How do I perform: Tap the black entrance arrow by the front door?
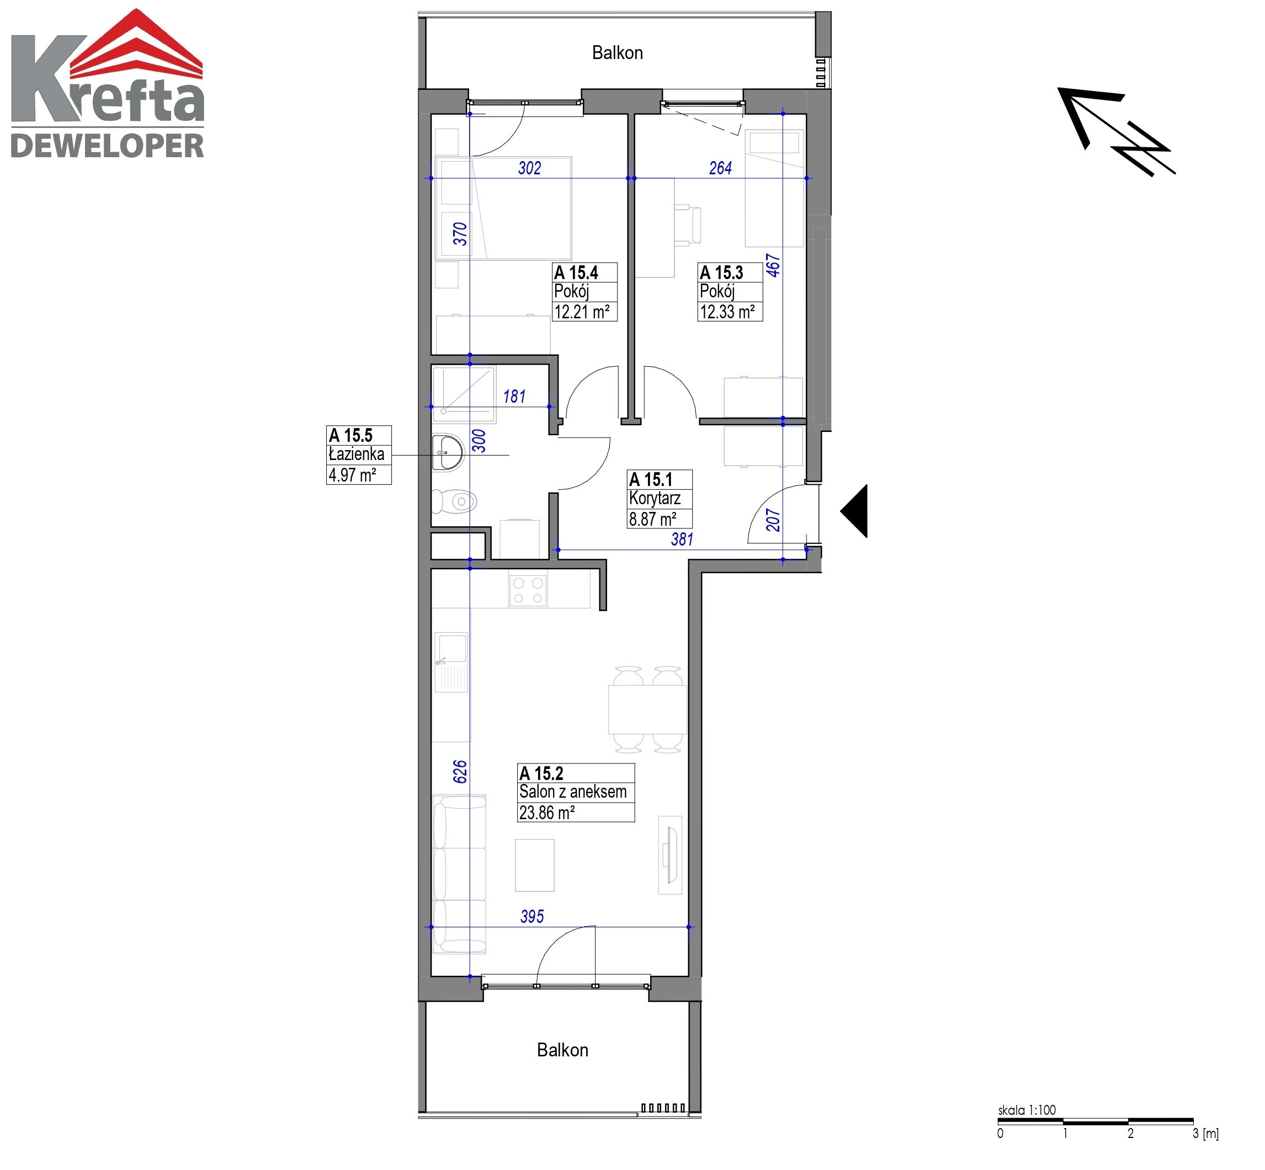pyautogui.click(x=854, y=511)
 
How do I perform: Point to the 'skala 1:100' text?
pyautogui.click(x=1027, y=1110)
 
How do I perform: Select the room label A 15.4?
pyautogui.click(x=576, y=273)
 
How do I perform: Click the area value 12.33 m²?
pyautogui.click(x=727, y=312)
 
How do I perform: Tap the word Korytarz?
pyautogui.click(x=655, y=499)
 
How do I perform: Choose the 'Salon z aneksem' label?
pyautogui.click(x=573, y=792)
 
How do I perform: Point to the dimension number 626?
pyautogui.click(x=460, y=771)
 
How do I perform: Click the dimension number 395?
pyautogui.click(x=532, y=916)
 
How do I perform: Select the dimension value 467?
pyautogui.click(x=773, y=265)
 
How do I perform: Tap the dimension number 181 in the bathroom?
pyautogui.click(x=514, y=396)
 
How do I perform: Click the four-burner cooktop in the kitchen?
pyautogui.click(x=528, y=590)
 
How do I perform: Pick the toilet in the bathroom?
pyautogui.click(x=454, y=502)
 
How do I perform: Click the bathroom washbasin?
pyautogui.click(x=448, y=452)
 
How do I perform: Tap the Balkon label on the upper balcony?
pyautogui.click(x=618, y=52)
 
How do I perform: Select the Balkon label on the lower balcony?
pyautogui.click(x=562, y=1050)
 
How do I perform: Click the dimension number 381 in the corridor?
pyautogui.click(x=682, y=539)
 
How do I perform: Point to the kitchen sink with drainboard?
pyautogui.click(x=451, y=661)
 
